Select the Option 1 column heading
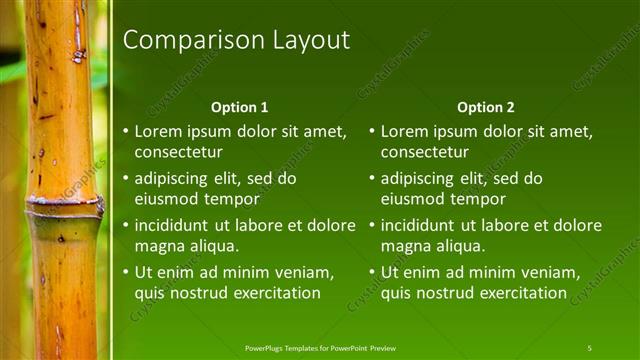(240, 107)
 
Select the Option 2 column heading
(485, 107)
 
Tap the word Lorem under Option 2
(404, 131)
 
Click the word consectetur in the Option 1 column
(178, 152)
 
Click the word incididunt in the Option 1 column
(176, 226)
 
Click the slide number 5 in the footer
(589, 347)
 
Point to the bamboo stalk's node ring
(64, 206)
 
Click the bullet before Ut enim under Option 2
(373, 273)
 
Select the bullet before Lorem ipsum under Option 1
(126, 131)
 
